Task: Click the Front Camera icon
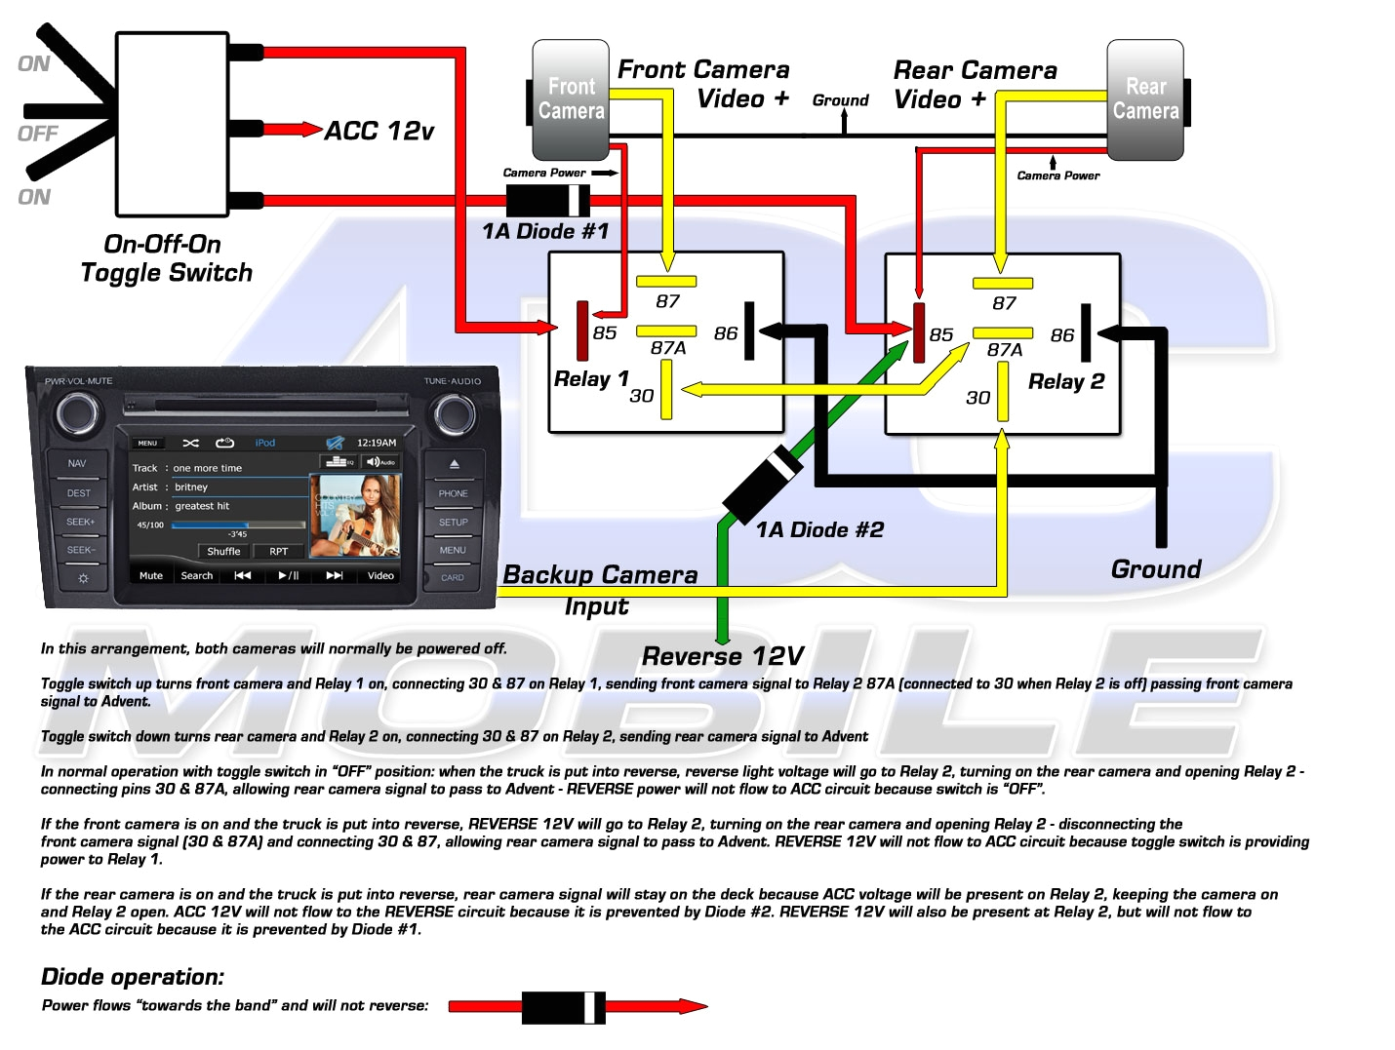tap(571, 99)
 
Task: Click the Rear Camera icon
tap(1145, 99)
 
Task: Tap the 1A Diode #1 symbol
tap(548, 201)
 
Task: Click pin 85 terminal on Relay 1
tap(582, 331)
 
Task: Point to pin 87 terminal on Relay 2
tap(1002, 284)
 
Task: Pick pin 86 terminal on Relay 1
tap(749, 331)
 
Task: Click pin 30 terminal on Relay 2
tap(1002, 392)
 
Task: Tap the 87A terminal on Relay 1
tap(666, 331)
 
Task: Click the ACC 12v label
tap(379, 131)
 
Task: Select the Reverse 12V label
tap(723, 656)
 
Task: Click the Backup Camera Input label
tap(599, 590)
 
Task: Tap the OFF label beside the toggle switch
tap(38, 134)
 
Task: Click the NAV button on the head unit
tap(78, 464)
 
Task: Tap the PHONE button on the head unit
tap(453, 493)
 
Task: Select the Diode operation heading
tap(133, 977)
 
